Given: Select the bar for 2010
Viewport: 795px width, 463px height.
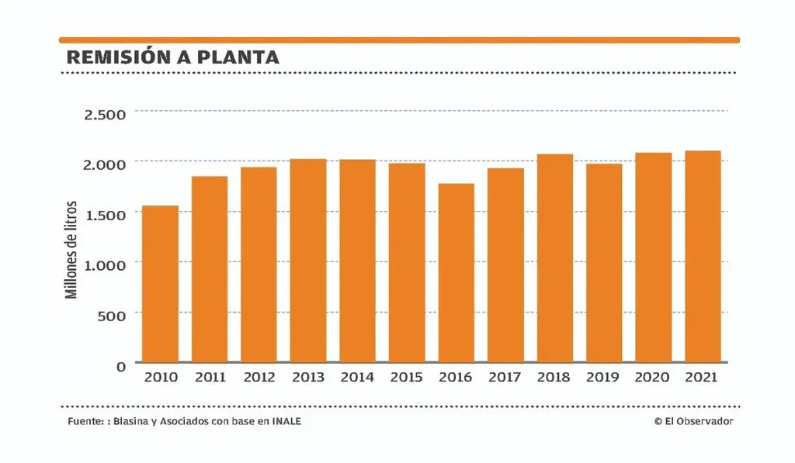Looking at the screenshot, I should pyautogui.click(x=160, y=284).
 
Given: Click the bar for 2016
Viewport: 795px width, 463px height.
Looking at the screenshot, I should pyautogui.click(x=456, y=273).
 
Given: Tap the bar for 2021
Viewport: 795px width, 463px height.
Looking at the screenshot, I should pyautogui.click(x=703, y=257).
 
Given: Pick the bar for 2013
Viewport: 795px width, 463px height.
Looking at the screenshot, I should pyautogui.click(x=308, y=261).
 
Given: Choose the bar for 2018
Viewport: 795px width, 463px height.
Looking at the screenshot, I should pyautogui.click(x=555, y=258).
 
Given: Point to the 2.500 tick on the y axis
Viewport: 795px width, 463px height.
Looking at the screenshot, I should pyautogui.click(x=104, y=115).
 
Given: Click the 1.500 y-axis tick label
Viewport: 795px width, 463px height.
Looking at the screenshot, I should pyautogui.click(x=104, y=214).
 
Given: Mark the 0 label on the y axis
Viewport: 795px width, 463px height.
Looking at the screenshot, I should pyautogui.click(x=121, y=366).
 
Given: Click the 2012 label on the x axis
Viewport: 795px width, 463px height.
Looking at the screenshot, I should pyautogui.click(x=259, y=378).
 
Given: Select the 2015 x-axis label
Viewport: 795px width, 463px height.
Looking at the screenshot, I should pyautogui.click(x=407, y=378).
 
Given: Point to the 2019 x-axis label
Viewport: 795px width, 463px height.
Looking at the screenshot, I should pyautogui.click(x=604, y=378).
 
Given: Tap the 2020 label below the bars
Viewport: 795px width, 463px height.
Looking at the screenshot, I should pyautogui.click(x=653, y=378).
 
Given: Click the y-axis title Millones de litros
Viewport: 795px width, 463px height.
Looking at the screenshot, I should pyautogui.click(x=71, y=250).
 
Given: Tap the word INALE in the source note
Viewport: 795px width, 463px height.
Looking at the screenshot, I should pyautogui.click(x=285, y=421).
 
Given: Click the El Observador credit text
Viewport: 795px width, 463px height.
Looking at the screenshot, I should pyautogui.click(x=693, y=421).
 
